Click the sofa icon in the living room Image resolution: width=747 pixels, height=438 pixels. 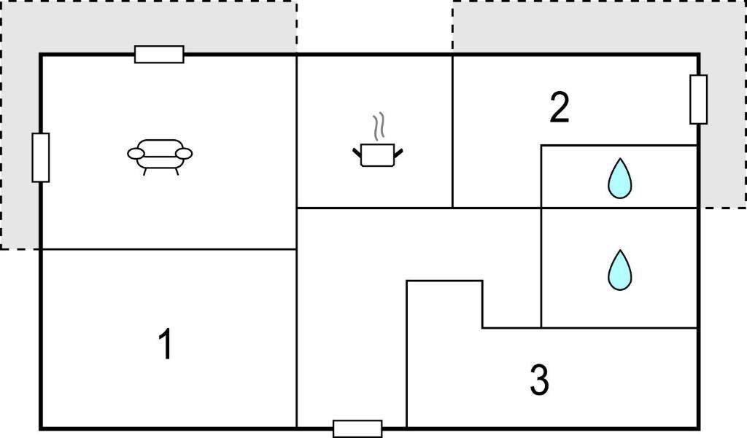click(160, 157)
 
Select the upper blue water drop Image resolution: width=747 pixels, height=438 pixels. click(620, 178)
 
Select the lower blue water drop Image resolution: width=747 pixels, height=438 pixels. click(620, 270)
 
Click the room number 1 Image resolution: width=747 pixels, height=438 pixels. click(166, 344)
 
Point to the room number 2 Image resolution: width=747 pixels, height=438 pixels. click(560, 107)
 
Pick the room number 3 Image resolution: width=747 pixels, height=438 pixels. click(539, 380)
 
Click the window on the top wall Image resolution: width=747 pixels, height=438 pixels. click(159, 54)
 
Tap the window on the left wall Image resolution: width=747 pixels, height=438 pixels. click(41, 157)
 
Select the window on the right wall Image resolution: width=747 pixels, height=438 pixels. click(698, 100)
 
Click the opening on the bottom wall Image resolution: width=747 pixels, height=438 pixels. click(357, 429)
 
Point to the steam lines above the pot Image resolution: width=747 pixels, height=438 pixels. click(379, 127)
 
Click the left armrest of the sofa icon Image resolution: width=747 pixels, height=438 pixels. click(136, 154)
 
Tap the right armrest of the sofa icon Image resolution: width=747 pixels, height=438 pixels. click(184, 154)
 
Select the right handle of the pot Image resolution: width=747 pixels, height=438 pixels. click(398, 153)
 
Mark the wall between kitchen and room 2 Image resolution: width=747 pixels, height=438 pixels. click(452, 131)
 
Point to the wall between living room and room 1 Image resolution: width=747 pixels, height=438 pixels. click(169, 249)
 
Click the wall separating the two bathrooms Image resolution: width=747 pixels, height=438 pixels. click(619, 208)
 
